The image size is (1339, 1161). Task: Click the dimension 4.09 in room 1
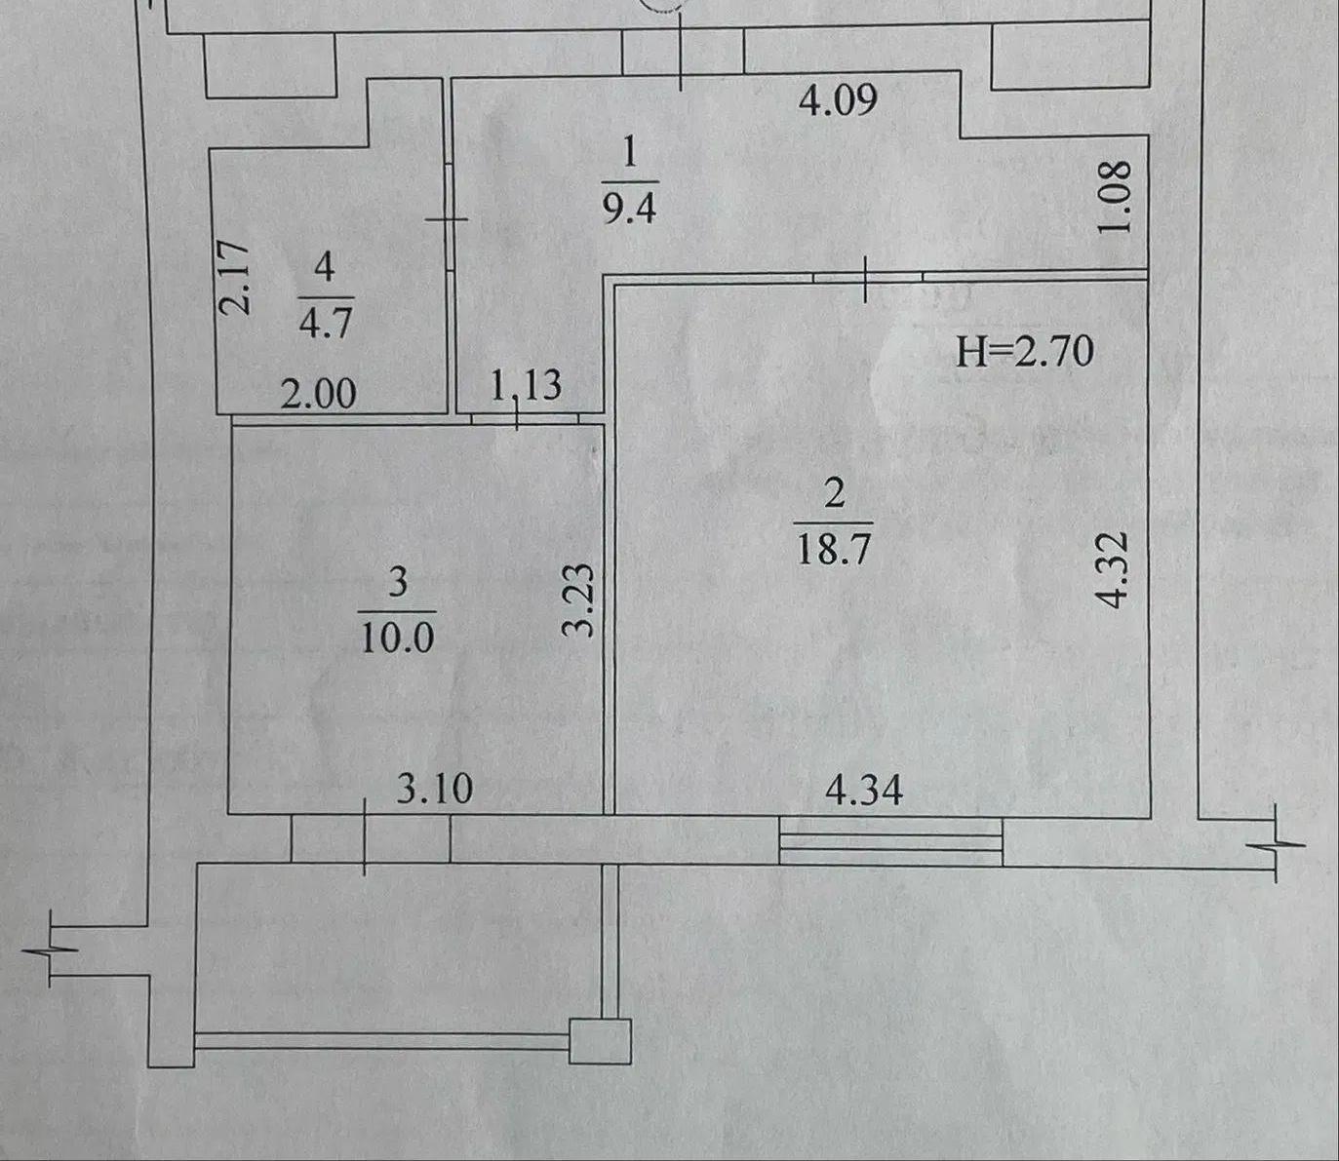pyautogui.click(x=838, y=101)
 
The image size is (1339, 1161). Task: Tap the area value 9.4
pyautogui.click(x=629, y=209)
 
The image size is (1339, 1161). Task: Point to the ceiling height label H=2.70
pyautogui.click(x=1025, y=351)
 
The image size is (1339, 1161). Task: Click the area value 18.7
pyautogui.click(x=834, y=548)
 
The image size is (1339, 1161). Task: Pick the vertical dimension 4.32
pyautogui.click(x=1113, y=569)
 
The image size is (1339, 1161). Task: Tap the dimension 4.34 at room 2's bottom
pyautogui.click(x=864, y=791)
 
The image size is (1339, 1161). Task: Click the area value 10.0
pyautogui.click(x=397, y=637)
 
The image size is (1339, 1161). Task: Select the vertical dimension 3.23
pyautogui.click(x=579, y=600)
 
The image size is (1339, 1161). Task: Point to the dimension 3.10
pyautogui.click(x=435, y=789)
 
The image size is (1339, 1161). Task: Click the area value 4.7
pyautogui.click(x=326, y=322)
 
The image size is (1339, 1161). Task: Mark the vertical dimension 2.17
pyautogui.click(x=234, y=279)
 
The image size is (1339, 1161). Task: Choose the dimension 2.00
pyautogui.click(x=319, y=394)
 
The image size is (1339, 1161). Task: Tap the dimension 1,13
pyautogui.click(x=527, y=385)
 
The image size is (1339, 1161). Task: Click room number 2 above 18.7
pyautogui.click(x=835, y=493)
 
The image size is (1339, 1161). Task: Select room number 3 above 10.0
pyautogui.click(x=398, y=581)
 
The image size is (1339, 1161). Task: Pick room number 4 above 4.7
pyautogui.click(x=325, y=267)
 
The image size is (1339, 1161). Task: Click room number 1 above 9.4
pyautogui.click(x=630, y=154)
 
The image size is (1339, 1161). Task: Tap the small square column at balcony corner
pyautogui.click(x=600, y=1041)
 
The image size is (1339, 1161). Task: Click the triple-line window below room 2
pyautogui.click(x=890, y=841)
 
